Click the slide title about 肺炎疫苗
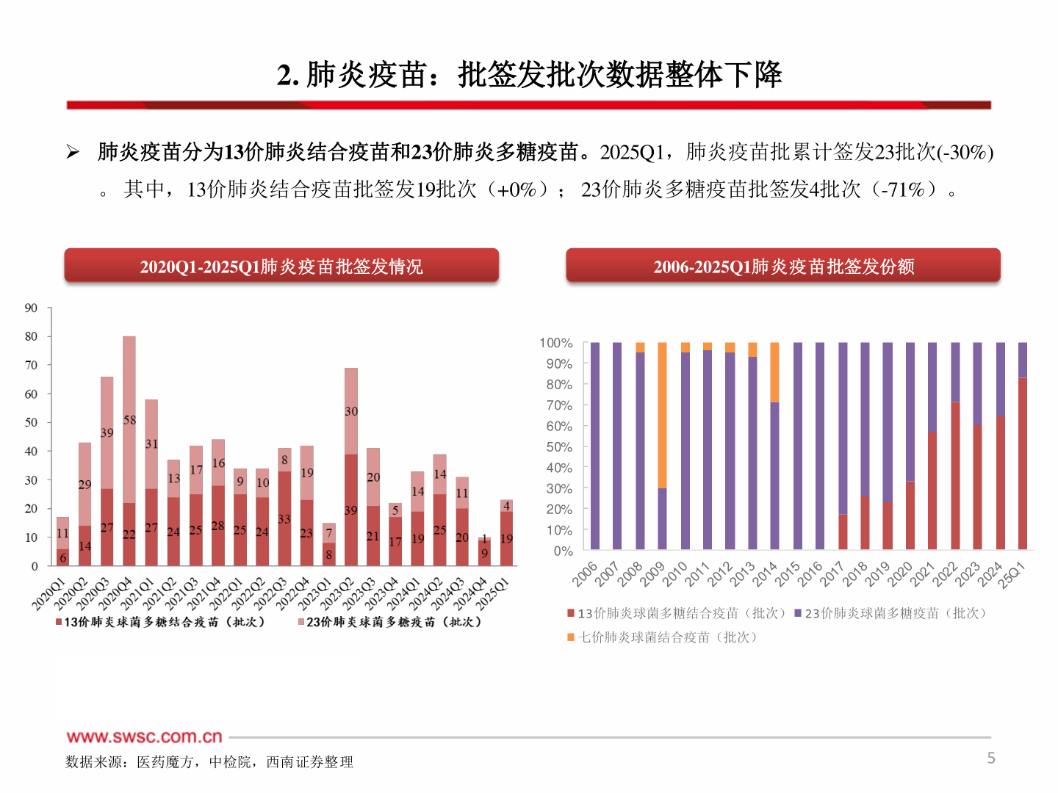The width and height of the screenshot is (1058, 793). pos(529,74)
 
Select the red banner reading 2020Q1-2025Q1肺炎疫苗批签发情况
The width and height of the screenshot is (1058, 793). pos(281,266)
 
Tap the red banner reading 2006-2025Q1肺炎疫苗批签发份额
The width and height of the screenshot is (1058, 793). pos(783,266)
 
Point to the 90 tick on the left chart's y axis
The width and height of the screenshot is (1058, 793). pos(31,308)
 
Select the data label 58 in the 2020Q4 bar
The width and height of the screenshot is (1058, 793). pos(129,420)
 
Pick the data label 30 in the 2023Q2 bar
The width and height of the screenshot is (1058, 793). pos(351,411)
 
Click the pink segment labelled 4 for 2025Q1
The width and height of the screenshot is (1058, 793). pos(506,506)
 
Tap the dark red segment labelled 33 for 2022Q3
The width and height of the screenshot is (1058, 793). pos(284,518)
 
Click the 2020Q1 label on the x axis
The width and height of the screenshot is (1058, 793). pos(48,593)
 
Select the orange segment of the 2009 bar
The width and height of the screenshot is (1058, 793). pos(662,415)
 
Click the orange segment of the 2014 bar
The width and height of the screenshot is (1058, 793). pos(774,372)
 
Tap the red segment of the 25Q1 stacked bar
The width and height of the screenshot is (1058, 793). pos(1022,463)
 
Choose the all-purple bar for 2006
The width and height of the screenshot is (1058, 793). pos(594,446)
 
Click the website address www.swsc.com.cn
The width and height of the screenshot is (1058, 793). pos(144,736)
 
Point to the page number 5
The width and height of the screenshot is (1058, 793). pos(990,758)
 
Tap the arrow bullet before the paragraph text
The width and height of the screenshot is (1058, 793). pos(73,152)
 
